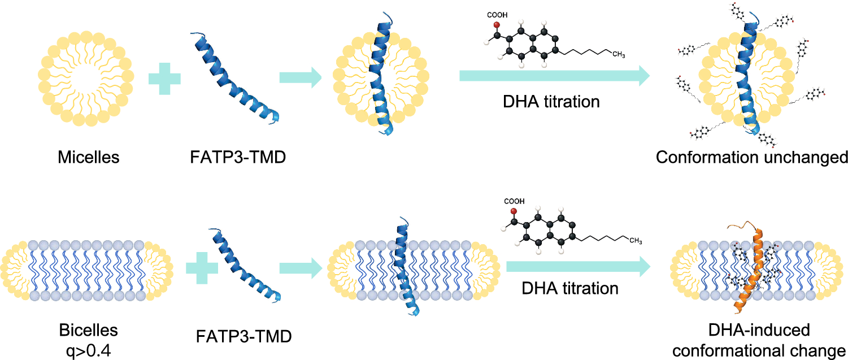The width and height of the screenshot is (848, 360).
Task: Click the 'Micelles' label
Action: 88,157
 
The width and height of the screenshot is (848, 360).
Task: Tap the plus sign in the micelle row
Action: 164,79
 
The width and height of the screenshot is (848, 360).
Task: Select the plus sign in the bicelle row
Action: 202,268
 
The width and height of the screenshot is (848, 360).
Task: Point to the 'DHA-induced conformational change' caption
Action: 759,340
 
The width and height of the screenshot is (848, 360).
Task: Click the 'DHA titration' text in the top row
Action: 551,102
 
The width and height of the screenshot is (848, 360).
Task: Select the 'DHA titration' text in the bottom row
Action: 570,288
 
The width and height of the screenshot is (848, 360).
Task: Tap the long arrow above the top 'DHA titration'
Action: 555,76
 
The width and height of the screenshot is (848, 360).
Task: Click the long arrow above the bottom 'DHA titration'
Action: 579,267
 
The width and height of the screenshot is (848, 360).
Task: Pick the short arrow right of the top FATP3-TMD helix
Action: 301,77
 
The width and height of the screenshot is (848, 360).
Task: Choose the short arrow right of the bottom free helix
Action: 301,268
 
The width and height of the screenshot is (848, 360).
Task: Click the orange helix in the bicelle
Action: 747,269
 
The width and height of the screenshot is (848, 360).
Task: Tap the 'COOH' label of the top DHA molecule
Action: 497,15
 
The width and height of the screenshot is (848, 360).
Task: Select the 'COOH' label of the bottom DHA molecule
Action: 514,201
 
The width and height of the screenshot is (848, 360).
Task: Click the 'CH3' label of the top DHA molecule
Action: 619,55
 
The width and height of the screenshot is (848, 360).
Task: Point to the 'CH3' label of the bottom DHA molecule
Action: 636,241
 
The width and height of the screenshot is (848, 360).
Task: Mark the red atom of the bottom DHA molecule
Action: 514,211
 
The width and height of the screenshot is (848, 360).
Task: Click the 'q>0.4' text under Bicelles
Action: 89,352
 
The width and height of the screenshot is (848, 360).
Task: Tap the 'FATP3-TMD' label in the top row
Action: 238,157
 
